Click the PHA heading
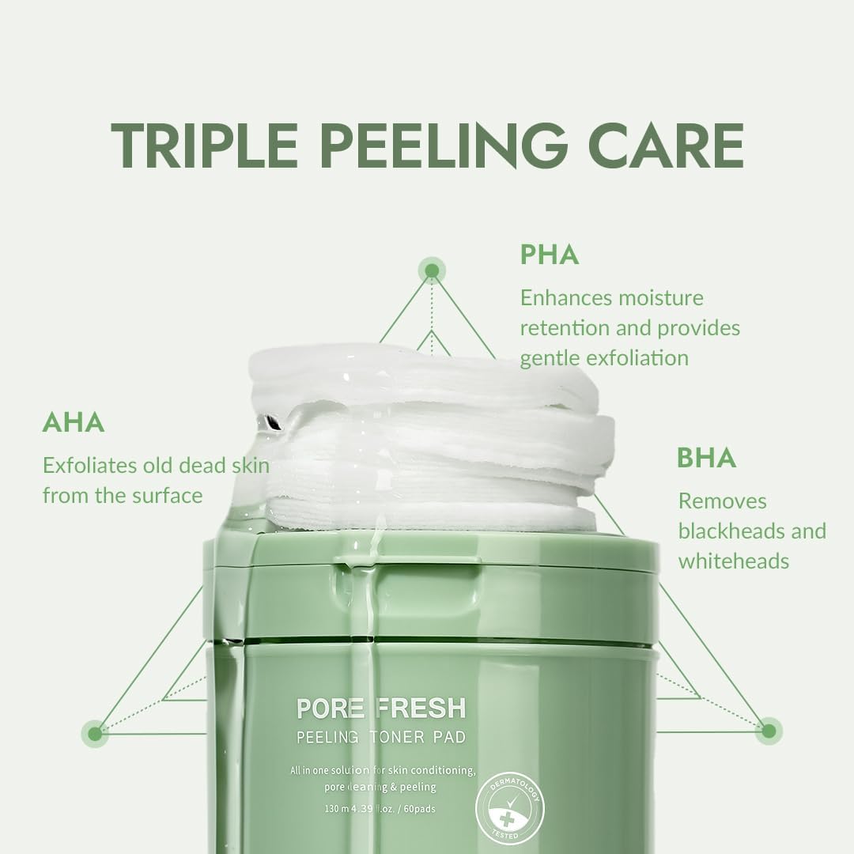point(550,255)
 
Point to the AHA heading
point(74,422)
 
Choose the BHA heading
point(706,459)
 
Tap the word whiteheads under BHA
point(733,561)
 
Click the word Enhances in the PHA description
point(566,298)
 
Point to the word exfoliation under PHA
point(637,357)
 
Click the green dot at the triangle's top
point(432,271)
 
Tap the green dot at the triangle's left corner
point(95,733)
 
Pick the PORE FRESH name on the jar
point(380,707)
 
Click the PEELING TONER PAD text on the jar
point(380,738)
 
